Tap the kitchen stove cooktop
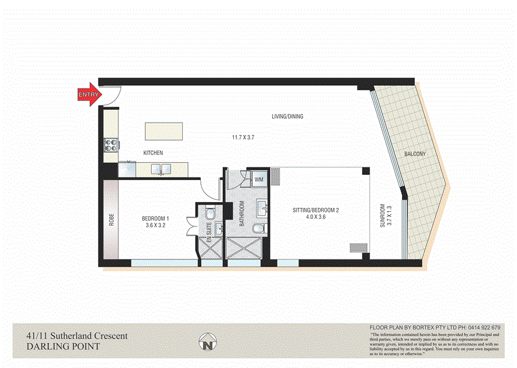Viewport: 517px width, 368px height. point(110,146)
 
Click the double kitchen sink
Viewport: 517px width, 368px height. point(160,170)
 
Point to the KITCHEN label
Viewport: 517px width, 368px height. point(153,152)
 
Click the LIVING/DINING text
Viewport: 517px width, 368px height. point(287,117)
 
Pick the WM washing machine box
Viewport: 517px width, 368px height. point(259,179)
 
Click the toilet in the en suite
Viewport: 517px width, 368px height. point(209,214)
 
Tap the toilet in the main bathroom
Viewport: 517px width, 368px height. point(258,230)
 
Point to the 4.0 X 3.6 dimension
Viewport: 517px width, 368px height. point(315,218)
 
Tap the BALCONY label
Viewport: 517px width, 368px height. point(414,154)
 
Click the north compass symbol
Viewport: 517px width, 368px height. point(208,343)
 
